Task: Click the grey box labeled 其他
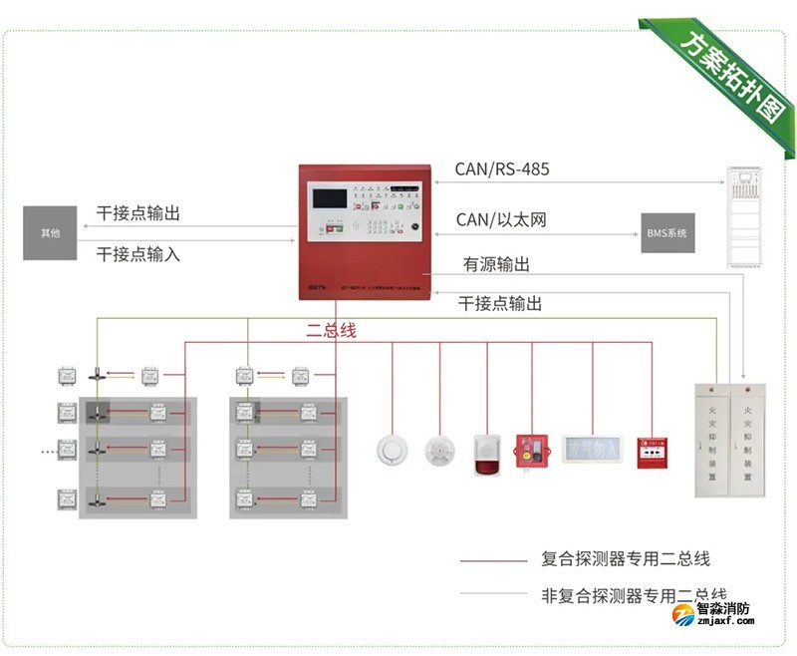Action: point(50,233)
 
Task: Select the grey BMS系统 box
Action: point(667,233)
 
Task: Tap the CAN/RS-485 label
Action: point(502,169)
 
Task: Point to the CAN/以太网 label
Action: point(501,219)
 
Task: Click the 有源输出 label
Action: point(496,265)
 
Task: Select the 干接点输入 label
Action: point(138,254)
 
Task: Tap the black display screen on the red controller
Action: point(329,197)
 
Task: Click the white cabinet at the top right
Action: point(744,216)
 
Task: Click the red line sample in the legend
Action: point(493,560)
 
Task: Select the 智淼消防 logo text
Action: point(723,609)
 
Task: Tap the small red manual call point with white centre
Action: point(653,451)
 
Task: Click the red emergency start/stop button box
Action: point(531,451)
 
